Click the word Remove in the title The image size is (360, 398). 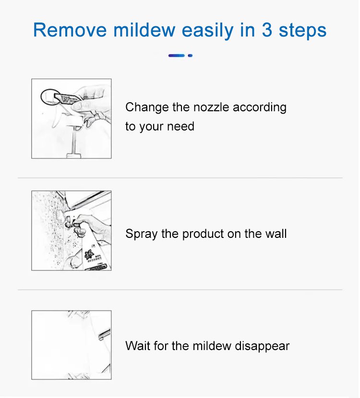[70, 30]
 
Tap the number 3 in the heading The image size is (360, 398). [267, 30]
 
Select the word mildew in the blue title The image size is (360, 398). [144, 30]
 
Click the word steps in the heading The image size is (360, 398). [302, 31]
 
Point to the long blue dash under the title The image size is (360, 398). [177, 56]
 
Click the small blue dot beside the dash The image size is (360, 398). [190, 56]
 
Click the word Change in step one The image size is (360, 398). [147, 107]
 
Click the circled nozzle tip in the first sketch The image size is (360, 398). [50, 96]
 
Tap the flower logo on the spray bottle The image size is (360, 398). [89, 254]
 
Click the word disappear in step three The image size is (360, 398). [262, 347]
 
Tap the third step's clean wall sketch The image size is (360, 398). [72, 345]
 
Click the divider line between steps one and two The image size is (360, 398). [180, 178]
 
